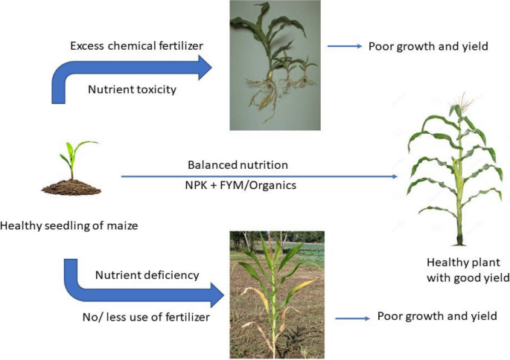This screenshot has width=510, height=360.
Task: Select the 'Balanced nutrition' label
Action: (238, 164)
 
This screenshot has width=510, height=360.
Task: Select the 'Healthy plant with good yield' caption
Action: (456, 271)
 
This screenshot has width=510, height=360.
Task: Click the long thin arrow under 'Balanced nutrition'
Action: (261, 176)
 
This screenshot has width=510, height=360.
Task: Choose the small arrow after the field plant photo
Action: (353, 318)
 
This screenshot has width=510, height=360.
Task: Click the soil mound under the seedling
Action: (71, 187)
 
